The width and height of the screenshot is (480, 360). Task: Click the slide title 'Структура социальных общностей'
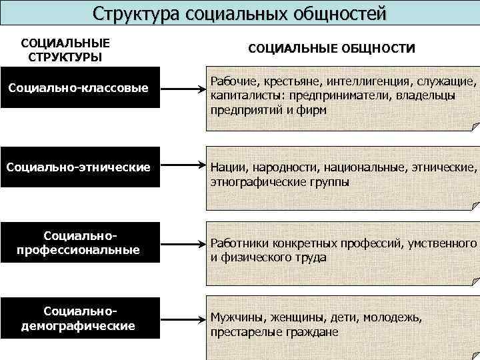click(239, 13)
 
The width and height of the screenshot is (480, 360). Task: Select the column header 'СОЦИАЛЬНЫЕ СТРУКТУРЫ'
click(65, 50)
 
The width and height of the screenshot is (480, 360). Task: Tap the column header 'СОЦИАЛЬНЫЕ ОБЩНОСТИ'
click(331, 49)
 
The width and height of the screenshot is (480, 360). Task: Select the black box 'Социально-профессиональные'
click(80, 243)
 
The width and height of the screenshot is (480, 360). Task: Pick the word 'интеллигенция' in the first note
click(359, 81)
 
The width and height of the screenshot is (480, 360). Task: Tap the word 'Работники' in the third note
click(240, 243)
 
